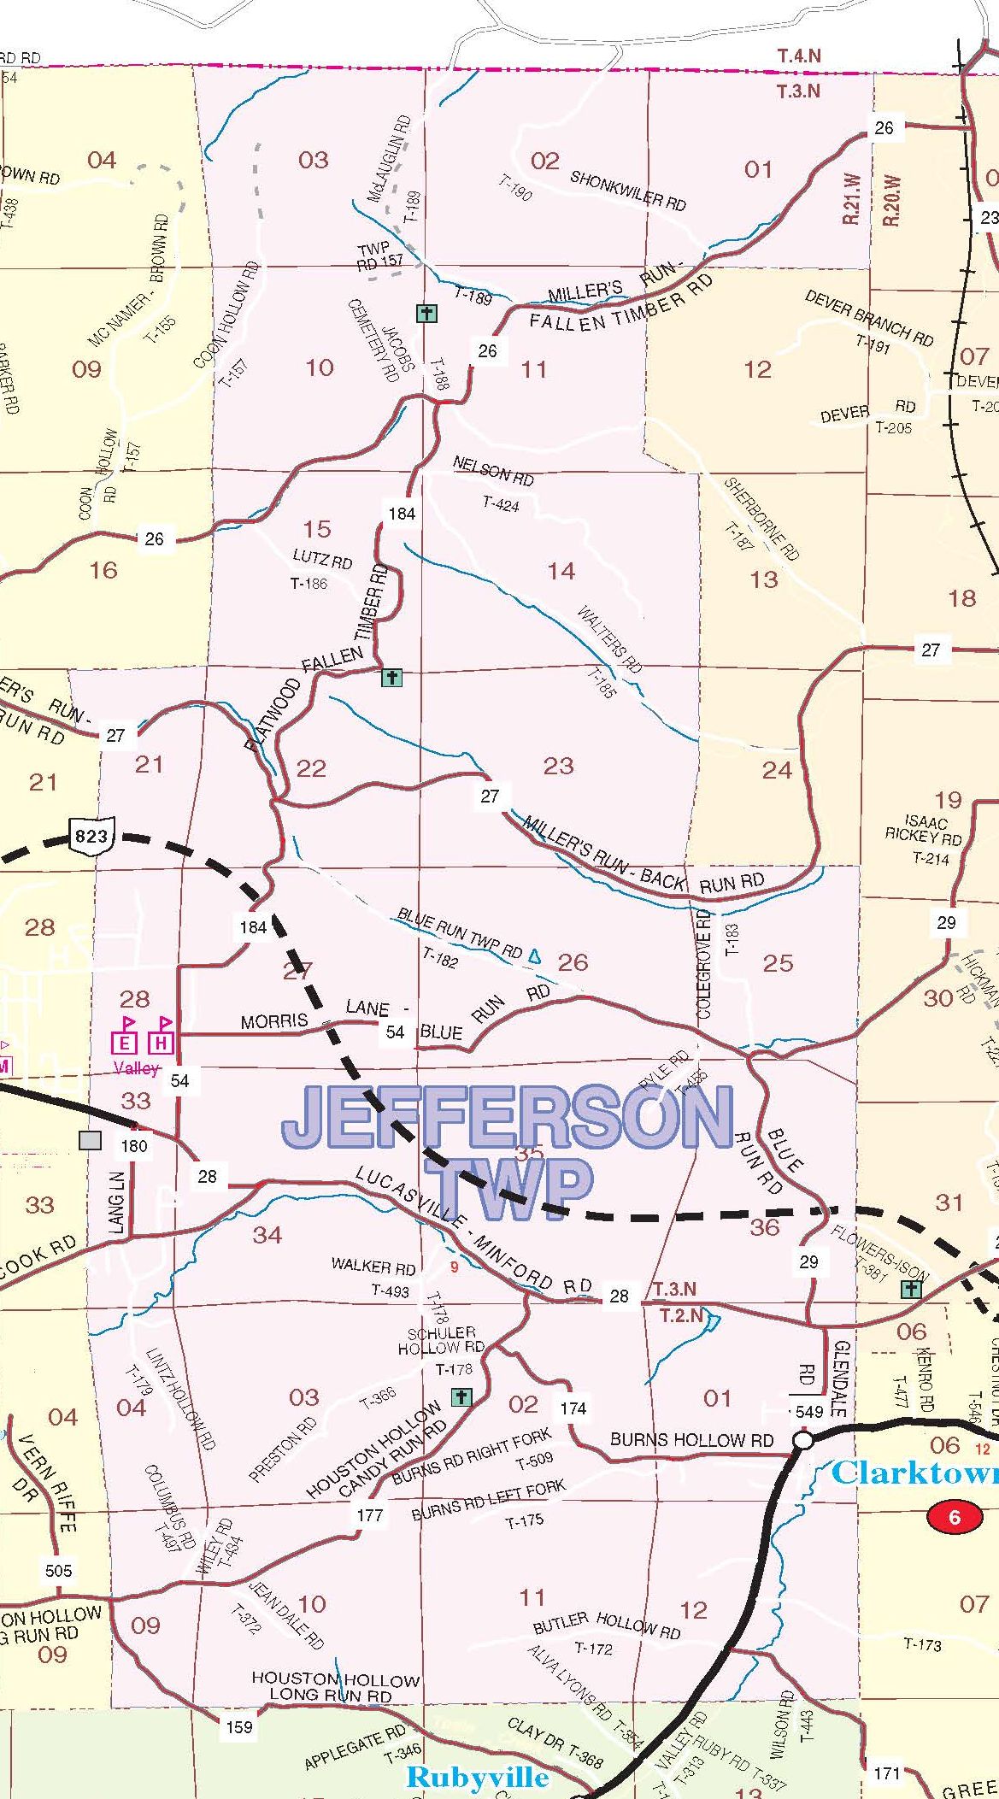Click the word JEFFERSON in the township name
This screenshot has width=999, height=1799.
[508, 1118]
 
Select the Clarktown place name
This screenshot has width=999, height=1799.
[915, 1473]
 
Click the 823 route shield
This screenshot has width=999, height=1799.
[91, 835]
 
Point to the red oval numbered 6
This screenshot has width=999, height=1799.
[955, 1517]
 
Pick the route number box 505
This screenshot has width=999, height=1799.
[59, 1570]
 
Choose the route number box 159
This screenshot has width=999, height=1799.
[238, 1727]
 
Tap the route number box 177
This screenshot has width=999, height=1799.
[370, 1515]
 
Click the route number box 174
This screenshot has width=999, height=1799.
[573, 1408]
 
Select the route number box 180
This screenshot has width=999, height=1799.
[134, 1146]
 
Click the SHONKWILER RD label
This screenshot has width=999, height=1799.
[628, 190]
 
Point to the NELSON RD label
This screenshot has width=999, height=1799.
[493, 470]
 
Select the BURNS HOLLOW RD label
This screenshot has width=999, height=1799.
[691, 1440]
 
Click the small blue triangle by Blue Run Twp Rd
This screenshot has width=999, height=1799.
[535, 955]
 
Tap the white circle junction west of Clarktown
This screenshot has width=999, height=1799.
[802, 1441]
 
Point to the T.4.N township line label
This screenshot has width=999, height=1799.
[799, 56]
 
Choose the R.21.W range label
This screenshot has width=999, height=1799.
[851, 199]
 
